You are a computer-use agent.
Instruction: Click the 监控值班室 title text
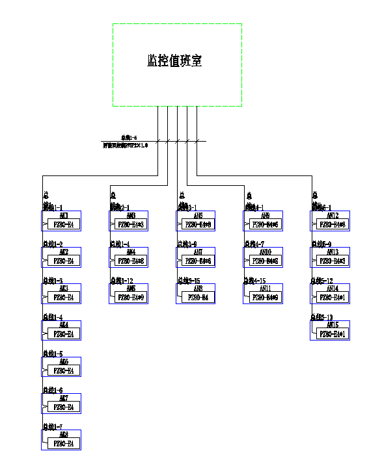(x=174, y=61)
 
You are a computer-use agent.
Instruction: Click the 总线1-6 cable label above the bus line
(x=129, y=138)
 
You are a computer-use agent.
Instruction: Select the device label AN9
(x=265, y=216)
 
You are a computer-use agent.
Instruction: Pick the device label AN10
(x=265, y=252)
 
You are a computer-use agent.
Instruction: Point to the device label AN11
(x=265, y=289)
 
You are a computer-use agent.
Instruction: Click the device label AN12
(x=333, y=216)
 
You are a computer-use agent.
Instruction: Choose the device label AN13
(x=333, y=252)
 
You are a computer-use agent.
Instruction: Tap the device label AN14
(x=333, y=289)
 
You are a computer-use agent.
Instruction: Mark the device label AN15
(x=333, y=325)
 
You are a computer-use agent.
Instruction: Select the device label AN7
(x=198, y=252)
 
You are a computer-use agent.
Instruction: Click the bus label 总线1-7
(x=53, y=427)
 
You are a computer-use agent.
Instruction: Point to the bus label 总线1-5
(x=53, y=354)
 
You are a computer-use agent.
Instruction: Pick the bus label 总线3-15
(x=189, y=281)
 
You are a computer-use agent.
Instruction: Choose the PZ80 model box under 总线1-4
(x=63, y=334)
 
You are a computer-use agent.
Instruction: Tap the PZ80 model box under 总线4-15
(x=265, y=298)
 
